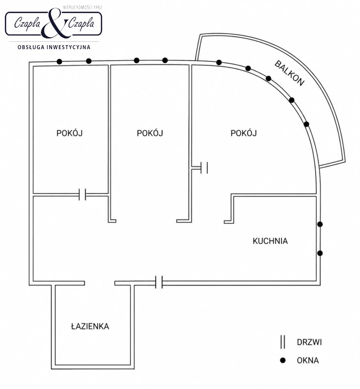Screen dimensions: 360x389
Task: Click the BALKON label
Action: (289, 73)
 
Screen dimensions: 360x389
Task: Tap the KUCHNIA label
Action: (270, 241)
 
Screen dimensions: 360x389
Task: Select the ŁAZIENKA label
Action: (90, 326)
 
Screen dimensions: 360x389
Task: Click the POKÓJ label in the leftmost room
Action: (70, 133)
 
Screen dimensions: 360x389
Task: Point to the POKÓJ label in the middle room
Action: (150, 133)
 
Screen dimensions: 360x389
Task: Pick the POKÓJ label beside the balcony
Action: (244, 133)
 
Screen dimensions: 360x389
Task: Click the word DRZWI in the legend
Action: (309, 342)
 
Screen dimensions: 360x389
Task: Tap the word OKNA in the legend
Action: (308, 360)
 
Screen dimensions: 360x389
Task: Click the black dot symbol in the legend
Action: (283, 360)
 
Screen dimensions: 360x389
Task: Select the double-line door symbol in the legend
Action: (283, 342)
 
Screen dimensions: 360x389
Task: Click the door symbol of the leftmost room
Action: (82, 194)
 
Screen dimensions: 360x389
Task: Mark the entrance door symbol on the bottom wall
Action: (159, 283)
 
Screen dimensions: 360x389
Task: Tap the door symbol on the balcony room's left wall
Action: (204, 168)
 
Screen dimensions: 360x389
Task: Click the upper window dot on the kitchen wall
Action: (320, 224)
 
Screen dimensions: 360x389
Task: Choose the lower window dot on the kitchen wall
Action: (320, 253)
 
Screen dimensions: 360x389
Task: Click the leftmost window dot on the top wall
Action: (59, 62)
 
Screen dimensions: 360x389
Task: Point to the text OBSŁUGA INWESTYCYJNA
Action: (54, 47)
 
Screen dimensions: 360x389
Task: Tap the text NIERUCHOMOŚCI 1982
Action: (83, 7)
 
